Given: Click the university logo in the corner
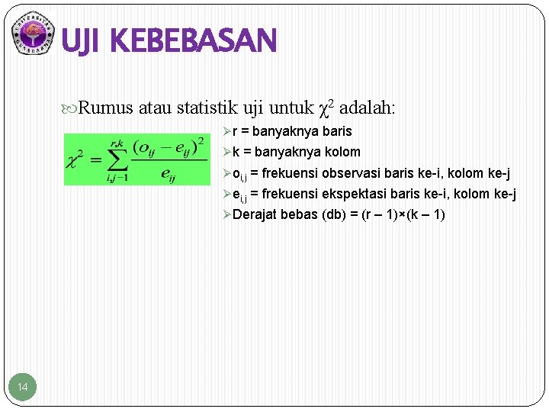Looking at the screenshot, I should point(34,34).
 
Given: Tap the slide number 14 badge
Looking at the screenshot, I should point(23,388).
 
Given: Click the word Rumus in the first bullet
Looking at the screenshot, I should point(106,108).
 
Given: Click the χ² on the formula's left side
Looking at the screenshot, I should point(77,159).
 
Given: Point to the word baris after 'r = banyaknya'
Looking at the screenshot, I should point(335,131).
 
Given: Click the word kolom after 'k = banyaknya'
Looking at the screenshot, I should point(342,152).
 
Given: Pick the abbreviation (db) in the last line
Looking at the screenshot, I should point(335,214).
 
